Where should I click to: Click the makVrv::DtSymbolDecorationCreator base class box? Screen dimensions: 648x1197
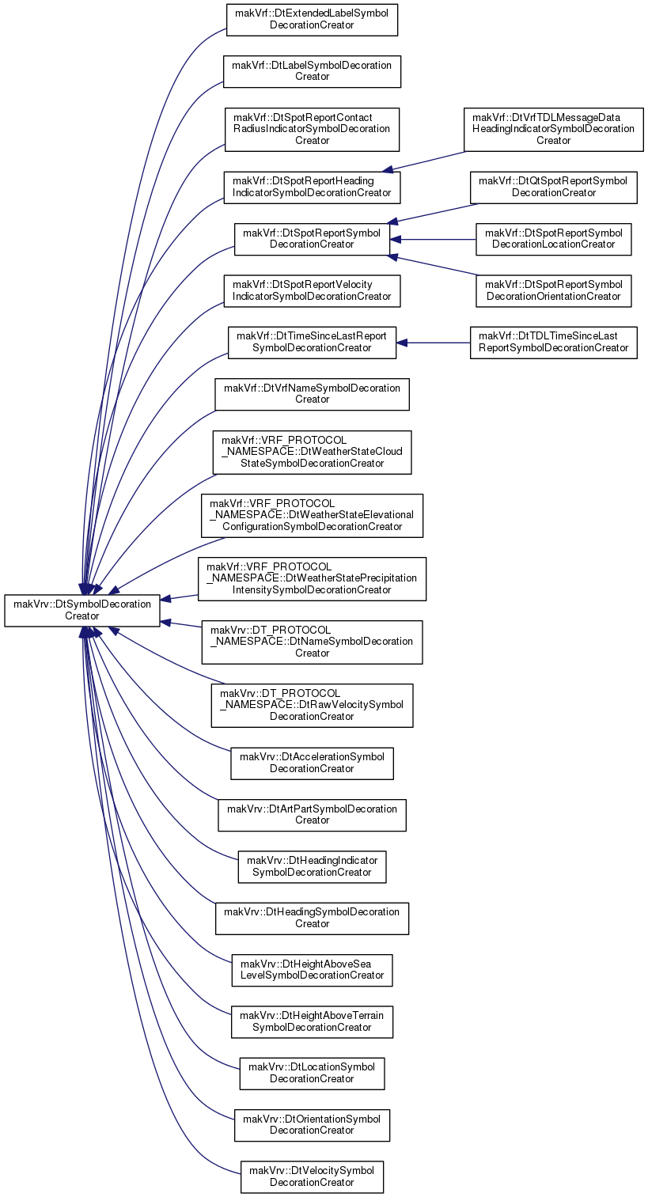82,610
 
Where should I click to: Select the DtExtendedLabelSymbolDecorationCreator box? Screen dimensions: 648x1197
312,20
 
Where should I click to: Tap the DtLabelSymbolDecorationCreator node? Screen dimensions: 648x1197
312,72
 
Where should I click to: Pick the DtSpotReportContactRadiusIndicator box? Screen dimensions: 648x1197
312,129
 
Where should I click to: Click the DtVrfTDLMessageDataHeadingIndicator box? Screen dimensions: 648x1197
553,129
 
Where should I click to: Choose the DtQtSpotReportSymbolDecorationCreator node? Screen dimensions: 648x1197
553,187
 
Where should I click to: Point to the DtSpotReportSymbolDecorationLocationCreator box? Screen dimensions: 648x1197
553,239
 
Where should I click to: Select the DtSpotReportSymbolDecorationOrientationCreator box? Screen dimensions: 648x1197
553,291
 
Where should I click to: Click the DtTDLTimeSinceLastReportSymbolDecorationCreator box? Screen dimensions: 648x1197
553,343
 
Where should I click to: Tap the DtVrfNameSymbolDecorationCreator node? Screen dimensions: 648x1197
312,394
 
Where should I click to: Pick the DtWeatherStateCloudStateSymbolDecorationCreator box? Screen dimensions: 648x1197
312,452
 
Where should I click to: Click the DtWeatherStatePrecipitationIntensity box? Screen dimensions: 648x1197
312,579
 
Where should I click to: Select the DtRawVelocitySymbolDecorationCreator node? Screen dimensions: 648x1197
312,706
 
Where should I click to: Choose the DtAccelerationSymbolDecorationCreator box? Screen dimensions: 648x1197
312,763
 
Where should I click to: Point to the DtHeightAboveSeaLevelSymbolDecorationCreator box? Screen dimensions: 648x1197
312,971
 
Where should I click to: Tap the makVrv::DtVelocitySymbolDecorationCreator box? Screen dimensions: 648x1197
312,1177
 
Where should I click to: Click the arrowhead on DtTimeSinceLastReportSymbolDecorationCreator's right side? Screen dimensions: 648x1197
402,343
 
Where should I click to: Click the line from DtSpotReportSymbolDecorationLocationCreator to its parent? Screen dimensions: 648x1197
433,240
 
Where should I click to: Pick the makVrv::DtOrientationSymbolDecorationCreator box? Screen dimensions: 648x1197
312,1125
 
